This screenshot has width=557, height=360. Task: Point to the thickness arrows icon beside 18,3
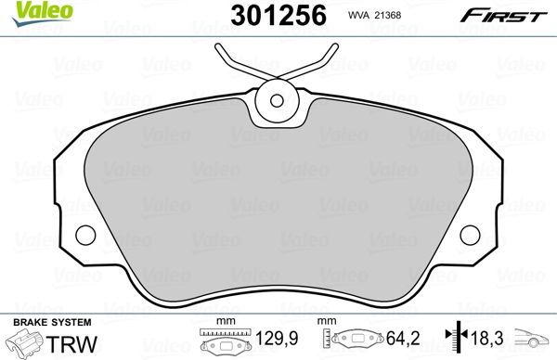(x=453, y=341)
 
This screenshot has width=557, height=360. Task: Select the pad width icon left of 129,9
(x=221, y=342)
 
